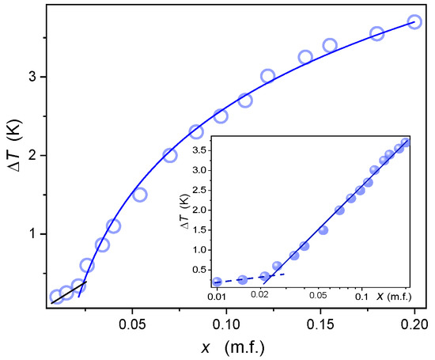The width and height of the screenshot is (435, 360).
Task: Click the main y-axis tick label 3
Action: click(27, 77)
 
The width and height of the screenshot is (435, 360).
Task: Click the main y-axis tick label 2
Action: click(27, 155)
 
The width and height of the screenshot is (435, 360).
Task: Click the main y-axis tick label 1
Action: click(27, 233)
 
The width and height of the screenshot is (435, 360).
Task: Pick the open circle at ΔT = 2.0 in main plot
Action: click(169, 155)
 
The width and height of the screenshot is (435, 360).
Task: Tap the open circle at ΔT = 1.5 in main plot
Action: click(140, 195)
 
